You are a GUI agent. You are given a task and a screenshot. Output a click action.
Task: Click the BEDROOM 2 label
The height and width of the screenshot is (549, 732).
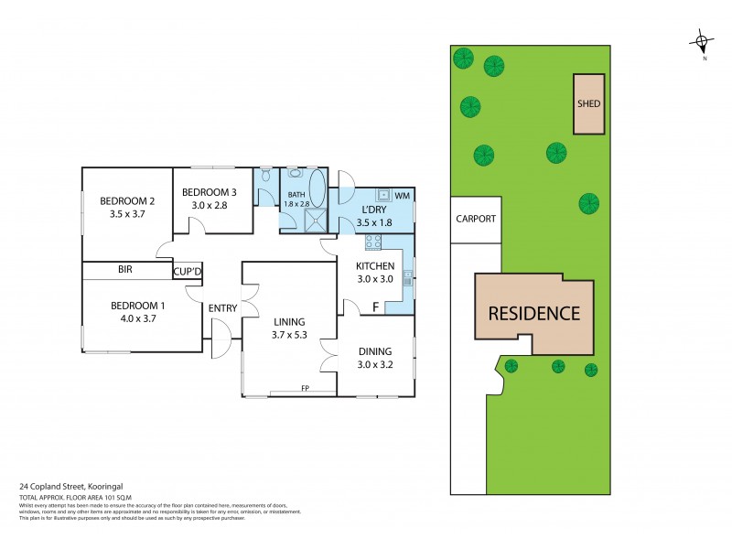(127, 201)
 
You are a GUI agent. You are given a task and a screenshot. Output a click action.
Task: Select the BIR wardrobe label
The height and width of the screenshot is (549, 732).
(126, 271)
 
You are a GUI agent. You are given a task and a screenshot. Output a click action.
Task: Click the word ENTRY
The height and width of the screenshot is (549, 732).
(222, 308)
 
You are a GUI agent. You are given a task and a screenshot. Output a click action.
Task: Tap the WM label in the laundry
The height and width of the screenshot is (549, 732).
(403, 196)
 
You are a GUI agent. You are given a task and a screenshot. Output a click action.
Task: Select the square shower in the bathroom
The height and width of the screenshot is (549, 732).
(317, 218)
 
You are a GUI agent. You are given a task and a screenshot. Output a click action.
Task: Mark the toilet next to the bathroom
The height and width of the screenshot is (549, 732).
(265, 174)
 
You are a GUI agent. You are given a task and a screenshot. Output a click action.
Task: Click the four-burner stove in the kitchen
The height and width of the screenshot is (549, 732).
(373, 242)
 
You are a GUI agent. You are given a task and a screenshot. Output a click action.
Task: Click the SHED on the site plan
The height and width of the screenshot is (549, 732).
(588, 103)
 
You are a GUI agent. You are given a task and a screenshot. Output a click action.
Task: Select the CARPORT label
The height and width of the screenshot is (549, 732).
(475, 219)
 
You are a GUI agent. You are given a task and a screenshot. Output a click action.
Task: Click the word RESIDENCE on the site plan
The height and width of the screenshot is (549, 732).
(533, 313)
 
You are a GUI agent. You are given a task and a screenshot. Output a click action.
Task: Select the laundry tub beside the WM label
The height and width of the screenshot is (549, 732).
(383, 194)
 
